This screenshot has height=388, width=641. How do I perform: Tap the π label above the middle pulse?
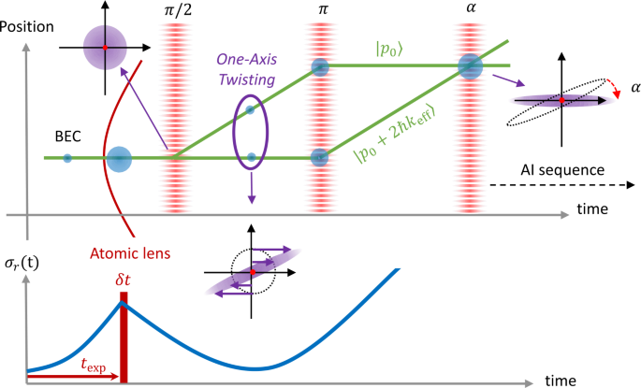(x=319, y=10)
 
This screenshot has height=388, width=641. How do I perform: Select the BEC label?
(x=66, y=137)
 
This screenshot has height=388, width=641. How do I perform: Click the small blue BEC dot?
(x=66, y=158)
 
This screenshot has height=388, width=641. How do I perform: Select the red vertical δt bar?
(x=123, y=340)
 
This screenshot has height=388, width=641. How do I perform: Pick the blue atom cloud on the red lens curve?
(x=119, y=158)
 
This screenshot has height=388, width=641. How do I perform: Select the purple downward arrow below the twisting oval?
(x=251, y=195)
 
